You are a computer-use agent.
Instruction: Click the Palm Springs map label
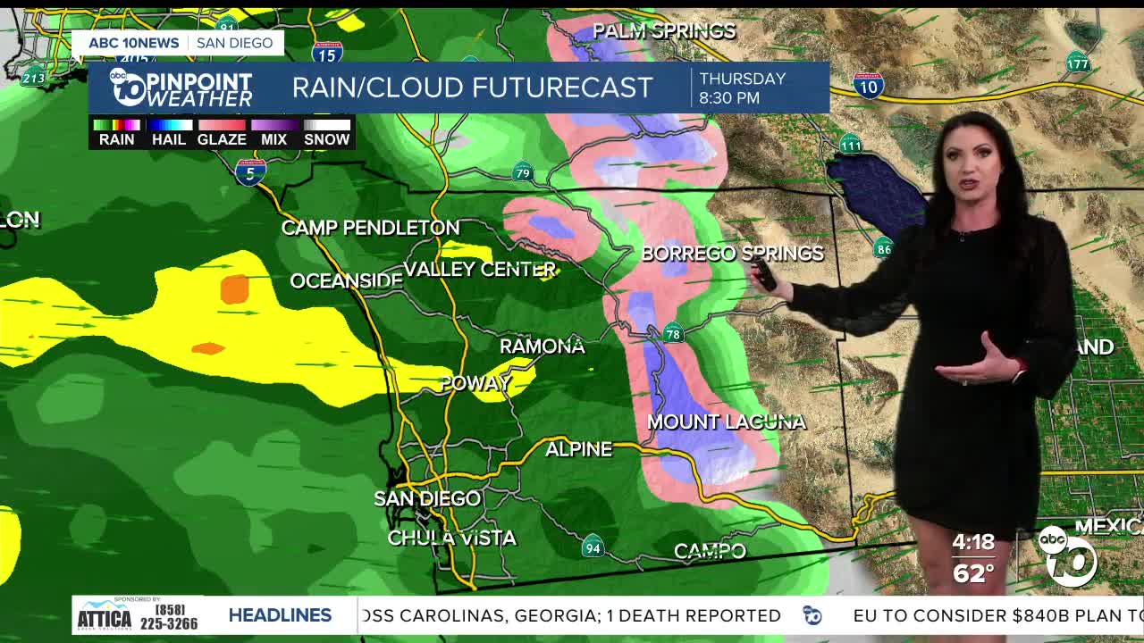[664, 31]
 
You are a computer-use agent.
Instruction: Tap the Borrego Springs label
[732, 254]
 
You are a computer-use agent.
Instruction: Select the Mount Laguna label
[727, 422]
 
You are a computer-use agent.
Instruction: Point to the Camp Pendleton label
[370, 228]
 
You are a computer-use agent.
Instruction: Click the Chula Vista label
[451, 538]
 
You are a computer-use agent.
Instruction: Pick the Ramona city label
[542, 346]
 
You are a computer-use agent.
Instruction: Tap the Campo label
[710, 551]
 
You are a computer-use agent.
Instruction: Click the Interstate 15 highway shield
[328, 54]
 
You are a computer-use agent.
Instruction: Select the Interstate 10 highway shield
[869, 86]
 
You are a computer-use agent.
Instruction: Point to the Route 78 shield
[673, 334]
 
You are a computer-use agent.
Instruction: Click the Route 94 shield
[592, 547]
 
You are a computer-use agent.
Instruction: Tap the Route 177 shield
[1078, 63]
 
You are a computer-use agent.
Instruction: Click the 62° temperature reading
[973, 572]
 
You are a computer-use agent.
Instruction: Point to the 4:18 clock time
[973, 542]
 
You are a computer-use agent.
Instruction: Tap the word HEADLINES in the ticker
[280, 615]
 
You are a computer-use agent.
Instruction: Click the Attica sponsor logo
[105, 614]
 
